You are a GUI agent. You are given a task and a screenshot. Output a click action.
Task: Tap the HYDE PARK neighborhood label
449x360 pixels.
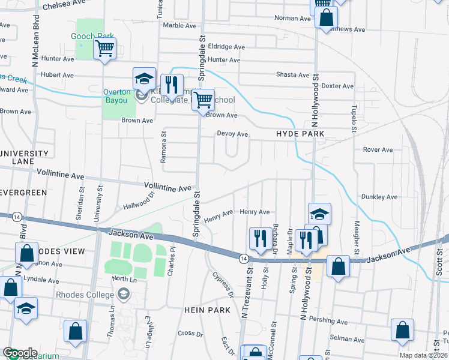(x=300, y=134)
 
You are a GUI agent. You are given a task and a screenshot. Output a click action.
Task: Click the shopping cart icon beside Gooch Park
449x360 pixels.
(x=105, y=48)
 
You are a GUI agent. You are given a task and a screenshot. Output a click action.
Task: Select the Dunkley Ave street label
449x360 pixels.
(x=379, y=197)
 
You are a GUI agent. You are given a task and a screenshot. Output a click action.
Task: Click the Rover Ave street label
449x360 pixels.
(x=378, y=149)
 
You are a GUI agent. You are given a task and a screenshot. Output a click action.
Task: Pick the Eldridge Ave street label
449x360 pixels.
(x=226, y=47)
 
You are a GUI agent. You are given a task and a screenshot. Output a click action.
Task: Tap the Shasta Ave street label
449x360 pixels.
(x=292, y=75)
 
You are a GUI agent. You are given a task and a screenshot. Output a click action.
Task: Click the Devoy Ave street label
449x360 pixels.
(x=232, y=134)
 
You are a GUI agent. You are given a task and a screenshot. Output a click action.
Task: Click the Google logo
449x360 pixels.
(x=20, y=353)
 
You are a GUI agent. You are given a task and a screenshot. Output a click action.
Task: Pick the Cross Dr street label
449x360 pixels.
(x=187, y=333)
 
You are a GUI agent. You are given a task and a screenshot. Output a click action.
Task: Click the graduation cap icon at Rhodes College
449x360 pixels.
(x=124, y=294)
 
